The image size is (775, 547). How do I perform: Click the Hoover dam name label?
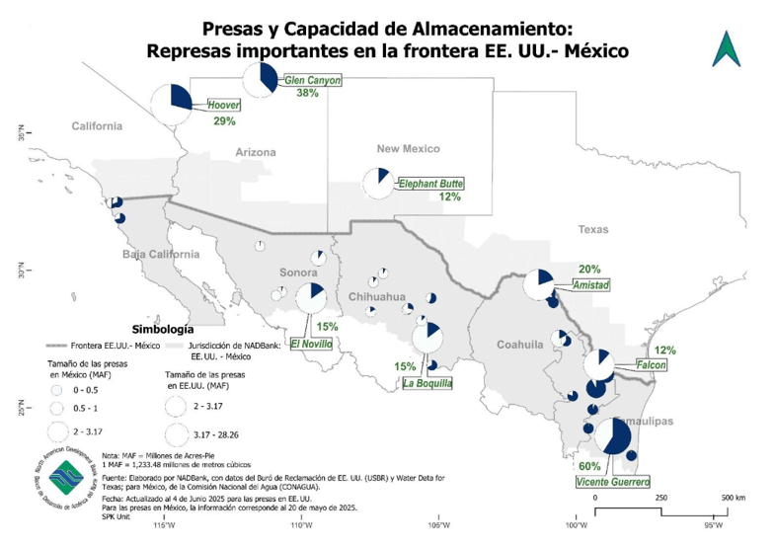click(x=224, y=105)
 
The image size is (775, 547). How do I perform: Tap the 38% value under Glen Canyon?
click(x=307, y=94)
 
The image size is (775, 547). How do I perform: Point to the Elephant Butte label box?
click(x=430, y=183)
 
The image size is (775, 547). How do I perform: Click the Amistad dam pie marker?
click(x=538, y=284)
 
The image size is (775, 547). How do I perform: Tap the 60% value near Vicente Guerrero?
click(x=589, y=466)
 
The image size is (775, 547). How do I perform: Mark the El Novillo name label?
click(x=311, y=344)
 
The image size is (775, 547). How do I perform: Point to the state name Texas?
click(x=594, y=229)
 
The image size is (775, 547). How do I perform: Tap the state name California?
click(x=96, y=126)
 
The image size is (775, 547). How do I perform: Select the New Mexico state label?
click(x=408, y=148)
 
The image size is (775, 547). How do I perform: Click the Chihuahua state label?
click(x=377, y=296)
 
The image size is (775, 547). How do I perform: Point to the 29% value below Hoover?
click(x=223, y=121)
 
